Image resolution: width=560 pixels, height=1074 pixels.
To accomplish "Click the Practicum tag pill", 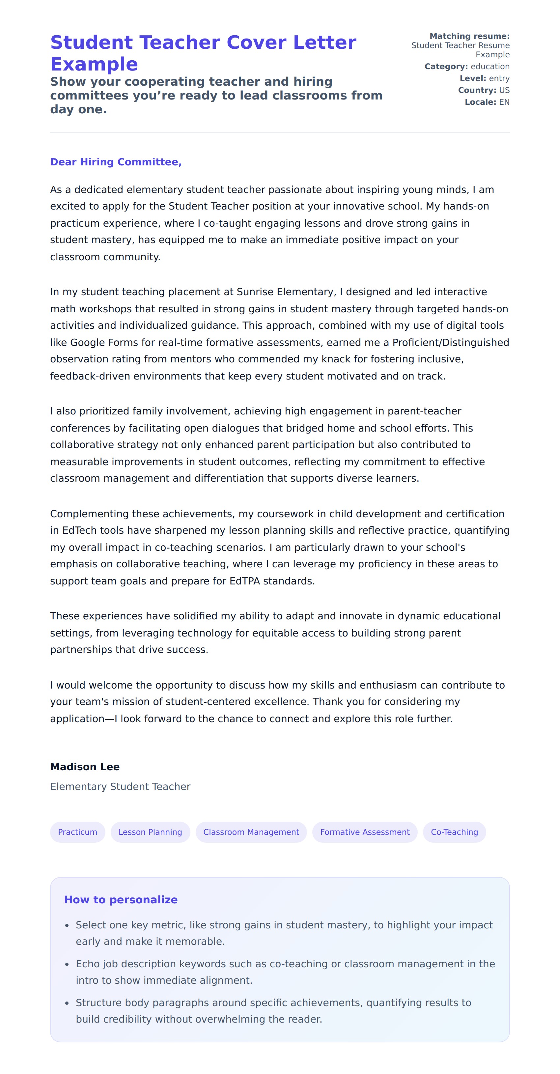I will coord(77,832).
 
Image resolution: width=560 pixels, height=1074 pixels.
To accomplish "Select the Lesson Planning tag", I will coord(150,832).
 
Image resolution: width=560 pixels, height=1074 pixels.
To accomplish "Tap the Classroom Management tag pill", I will coord(251,832).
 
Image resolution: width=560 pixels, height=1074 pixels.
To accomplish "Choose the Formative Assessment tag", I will coord(365,832).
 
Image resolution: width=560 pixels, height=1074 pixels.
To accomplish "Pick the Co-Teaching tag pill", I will coord(454,832).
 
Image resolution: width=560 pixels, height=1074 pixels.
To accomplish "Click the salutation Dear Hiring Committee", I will coord(116,162).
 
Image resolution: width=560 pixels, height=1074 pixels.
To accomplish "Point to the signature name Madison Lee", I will coord(85,767).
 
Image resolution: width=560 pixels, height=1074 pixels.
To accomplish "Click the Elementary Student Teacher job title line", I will coord(120,786).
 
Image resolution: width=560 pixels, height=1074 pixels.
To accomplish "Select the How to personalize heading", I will coord(121,899).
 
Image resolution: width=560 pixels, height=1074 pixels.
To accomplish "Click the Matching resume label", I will coord(469,36).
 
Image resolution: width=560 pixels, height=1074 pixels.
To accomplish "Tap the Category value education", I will coord(490,66).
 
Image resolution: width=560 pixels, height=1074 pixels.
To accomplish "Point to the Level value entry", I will coord(499,78).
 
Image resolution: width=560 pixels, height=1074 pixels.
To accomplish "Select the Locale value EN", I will coord(504,102).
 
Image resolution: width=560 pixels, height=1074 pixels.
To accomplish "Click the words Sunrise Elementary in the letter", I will coord(286,292).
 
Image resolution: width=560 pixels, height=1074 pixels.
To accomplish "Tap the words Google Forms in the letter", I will coord(104,342).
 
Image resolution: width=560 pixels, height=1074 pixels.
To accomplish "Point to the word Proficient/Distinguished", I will coord(450,342).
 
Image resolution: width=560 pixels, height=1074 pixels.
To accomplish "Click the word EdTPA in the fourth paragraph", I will coord(244,581).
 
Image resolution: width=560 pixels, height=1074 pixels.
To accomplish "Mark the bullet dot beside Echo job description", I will coord(67,964).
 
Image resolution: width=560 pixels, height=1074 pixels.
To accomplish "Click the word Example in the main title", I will coord(94,64).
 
